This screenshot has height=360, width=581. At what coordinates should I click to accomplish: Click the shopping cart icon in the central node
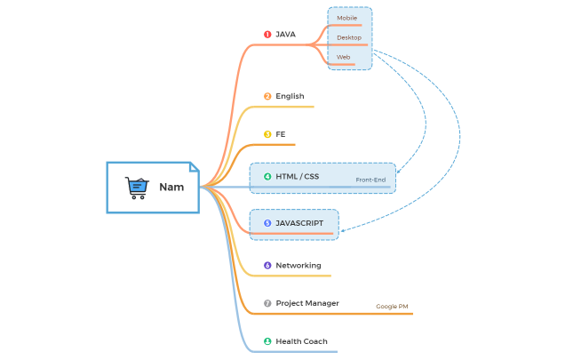[x=136, y=187]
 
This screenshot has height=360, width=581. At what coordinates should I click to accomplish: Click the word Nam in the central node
[x=171, y=188]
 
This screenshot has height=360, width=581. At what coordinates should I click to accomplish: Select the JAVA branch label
[x=285, y=35]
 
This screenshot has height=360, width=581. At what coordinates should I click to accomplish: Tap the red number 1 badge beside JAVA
[x=267, y=35]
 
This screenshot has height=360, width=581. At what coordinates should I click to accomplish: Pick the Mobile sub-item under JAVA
[x=347, y=18]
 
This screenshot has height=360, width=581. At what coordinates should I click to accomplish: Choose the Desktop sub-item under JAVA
[x=349, y=37]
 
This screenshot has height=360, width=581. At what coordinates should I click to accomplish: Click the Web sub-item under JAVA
[x=343, y=57]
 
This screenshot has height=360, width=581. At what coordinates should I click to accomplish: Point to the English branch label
[x=290, y=96]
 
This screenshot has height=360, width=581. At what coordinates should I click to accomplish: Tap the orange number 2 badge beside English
[x=267, y=96]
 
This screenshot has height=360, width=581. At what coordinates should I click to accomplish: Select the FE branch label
[x=281, y=134]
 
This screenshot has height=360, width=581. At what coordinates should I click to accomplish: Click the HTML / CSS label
[x=297, y=176]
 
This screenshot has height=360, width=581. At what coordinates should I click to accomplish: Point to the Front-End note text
[x=370, y=180]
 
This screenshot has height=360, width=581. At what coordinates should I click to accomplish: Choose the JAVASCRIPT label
[x=299, y=223]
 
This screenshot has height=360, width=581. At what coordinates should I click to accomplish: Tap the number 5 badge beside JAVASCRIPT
[x=267, y=223]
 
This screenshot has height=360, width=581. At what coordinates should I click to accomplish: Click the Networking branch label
[x=298, y=265]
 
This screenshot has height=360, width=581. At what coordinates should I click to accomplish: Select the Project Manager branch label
[x=307, y=303]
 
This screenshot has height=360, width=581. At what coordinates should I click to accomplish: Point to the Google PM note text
[x=392, y=306]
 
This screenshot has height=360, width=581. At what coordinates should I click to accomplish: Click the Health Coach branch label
[x=301, y=341]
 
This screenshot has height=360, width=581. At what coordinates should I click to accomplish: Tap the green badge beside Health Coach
[x=267, y=341]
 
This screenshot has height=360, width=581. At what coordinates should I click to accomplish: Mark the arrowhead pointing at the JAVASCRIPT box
[x=343, y=230]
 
